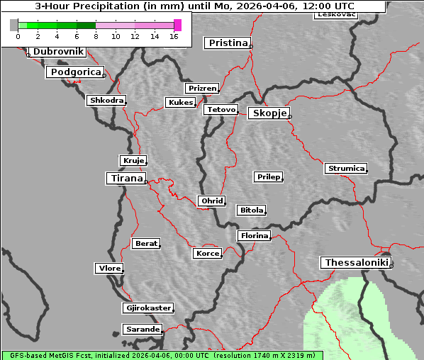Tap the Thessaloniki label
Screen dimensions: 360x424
coord(356,263)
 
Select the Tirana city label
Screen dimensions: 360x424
coord(125,179)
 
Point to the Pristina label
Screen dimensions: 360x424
coord(228,43)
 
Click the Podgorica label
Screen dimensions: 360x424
coord(75,72)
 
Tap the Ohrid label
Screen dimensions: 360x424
coord(211,201)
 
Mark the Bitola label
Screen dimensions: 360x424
coord(251,210)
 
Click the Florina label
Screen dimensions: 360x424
coord(254,235)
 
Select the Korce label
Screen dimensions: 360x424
coord(207,253)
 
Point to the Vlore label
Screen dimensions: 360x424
coord(109,268)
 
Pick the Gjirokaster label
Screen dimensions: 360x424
coord(147,308)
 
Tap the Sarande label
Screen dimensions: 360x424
coord(142,330)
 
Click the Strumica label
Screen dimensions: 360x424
coord(346,168)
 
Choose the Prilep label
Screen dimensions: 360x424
coord(268,176)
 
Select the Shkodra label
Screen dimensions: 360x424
coord(106,101)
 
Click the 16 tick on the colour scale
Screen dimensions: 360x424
coord(174,35)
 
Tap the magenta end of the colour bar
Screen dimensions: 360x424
coord(177,25)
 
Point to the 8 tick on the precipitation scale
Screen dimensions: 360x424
coord(96,35)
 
